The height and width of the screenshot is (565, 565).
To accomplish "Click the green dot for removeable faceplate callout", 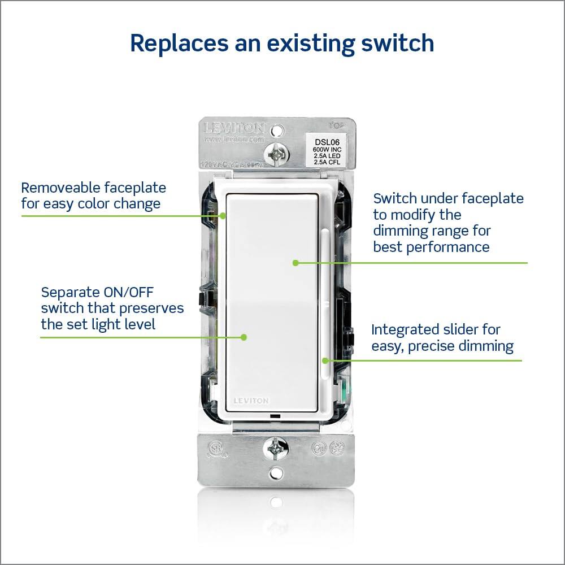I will click(x=224, y=215).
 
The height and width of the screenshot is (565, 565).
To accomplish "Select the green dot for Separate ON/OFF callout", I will click(x=244, y=337).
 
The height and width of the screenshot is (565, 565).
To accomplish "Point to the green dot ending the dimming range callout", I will click(x=295, y=262).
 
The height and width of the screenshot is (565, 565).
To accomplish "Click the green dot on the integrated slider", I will click(x=325, y=359).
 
